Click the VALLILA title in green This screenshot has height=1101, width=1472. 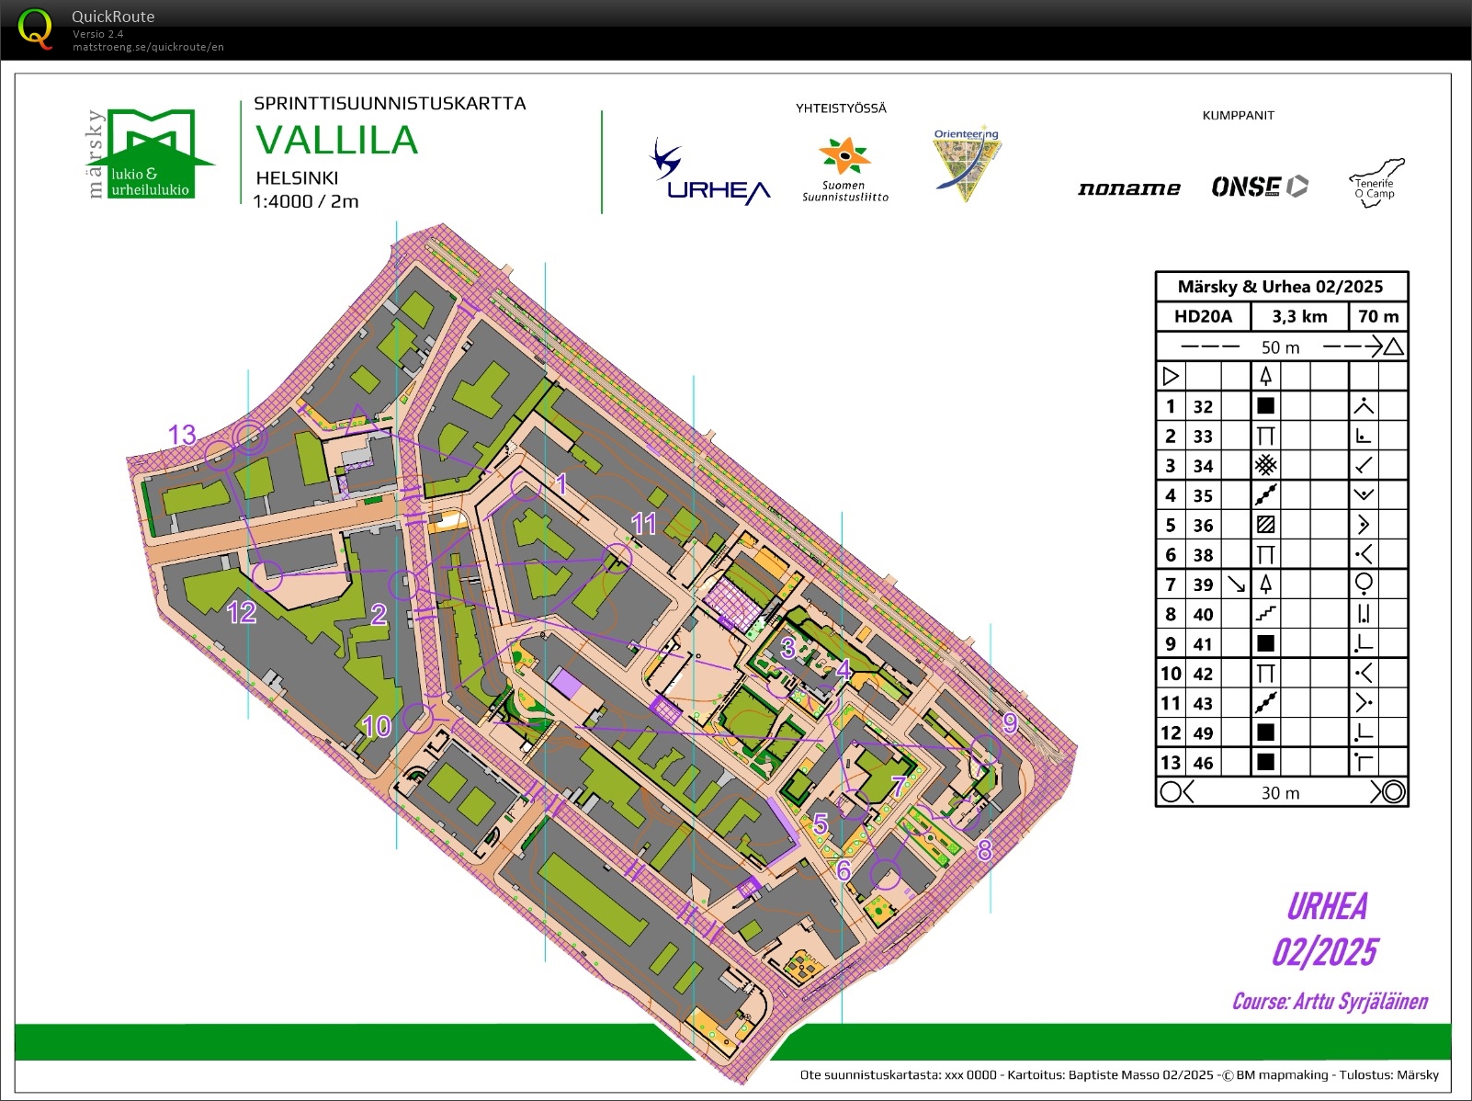336,141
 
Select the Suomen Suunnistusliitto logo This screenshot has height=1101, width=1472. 844,170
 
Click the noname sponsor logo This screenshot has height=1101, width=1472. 1128,188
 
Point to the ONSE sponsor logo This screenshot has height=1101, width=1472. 1259,187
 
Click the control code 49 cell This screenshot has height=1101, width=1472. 1203,733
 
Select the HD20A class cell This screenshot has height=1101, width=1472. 1203,316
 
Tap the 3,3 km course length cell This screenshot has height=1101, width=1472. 1299,316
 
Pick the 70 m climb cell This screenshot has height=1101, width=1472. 1378,316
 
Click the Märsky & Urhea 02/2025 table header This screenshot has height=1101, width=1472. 1280,287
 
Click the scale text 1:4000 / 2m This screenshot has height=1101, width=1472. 305,201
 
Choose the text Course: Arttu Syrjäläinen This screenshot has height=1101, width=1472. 1330,1002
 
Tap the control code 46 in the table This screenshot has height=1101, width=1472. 1203,763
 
